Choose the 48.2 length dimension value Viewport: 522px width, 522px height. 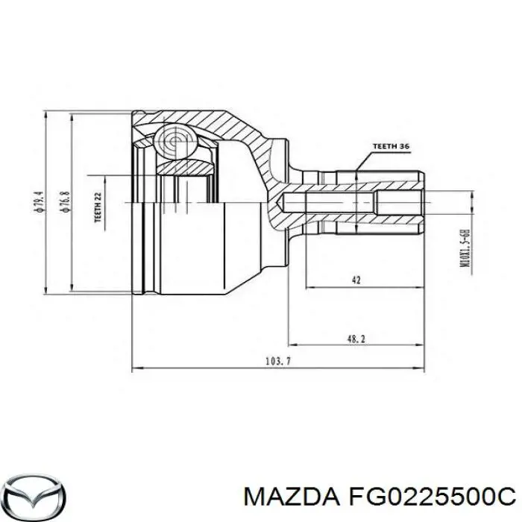(x=356, y=338)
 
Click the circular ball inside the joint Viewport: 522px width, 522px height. (x=177, y=142)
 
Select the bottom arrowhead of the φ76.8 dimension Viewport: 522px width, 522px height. (x=71, y=289)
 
